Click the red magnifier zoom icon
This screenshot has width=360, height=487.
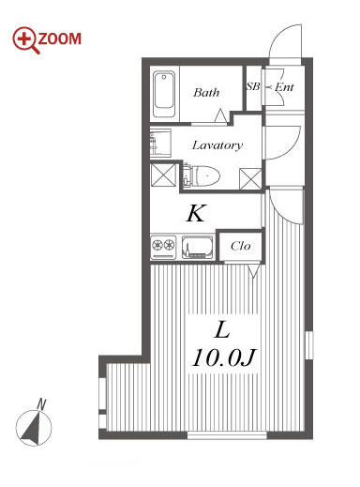(x=25, y=40)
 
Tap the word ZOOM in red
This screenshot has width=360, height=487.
(x=59, y=39)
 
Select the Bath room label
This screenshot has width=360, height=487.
(x=206, y=93)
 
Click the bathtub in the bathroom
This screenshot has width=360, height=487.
(x=164, y=94)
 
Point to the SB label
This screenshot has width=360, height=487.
(x=253, y=86)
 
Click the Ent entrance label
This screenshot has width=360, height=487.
(x=284, y=87)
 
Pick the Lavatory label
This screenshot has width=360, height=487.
(x=217, y=145)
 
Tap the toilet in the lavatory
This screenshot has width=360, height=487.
(x=202, y=175)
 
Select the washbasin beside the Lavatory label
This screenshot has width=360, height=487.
(x=160, y=143)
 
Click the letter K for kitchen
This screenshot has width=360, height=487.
(x=196, y=213)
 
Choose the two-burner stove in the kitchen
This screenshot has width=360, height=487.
(x=163, y=247)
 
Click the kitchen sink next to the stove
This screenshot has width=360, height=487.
(x=198, y=247)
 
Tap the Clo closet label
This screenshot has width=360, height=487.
(x=241, y=246)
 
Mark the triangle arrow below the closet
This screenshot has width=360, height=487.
(x=254, y=270)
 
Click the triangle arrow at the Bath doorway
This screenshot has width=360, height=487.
(x=221, y=115)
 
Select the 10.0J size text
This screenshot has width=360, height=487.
(x=224, y=358)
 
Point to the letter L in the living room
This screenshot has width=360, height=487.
(x=222, y=330)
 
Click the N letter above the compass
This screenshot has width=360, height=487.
(x=41, y=404)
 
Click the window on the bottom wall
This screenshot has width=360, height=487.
(x=227, y=435)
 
